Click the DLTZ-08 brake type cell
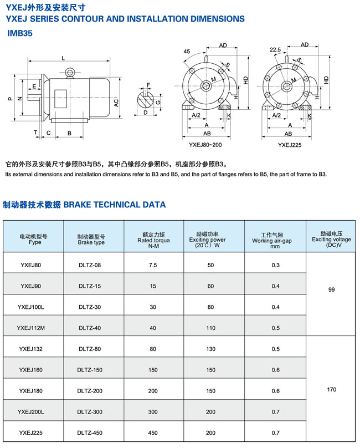point(90,265)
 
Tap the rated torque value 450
point(153,432)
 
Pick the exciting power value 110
point(210,328)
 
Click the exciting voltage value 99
point(332,290)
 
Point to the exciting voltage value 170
point(332,390)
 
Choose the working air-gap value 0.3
point(276,265)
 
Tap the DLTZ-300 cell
point(90,411)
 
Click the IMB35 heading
point(20,33)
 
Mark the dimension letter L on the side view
point(64,58)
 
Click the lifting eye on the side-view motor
point(70,72)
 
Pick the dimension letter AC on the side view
point(116,103)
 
